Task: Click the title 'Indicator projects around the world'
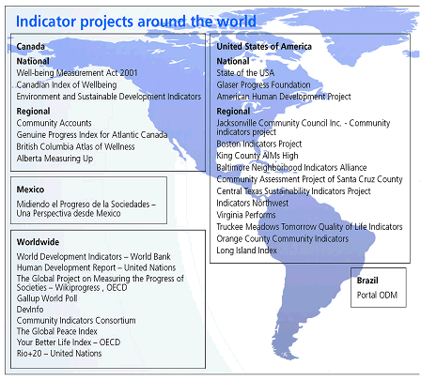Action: pyautogui.click(x=135, y=20)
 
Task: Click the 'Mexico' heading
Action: pyautogui.click(x=31, y=190)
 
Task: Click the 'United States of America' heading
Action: pyautogui.click(x=262, y=45)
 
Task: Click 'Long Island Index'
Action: pyautogui.click(x=247, y=251)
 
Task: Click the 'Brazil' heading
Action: pyautogui.click(x=367, y=280)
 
